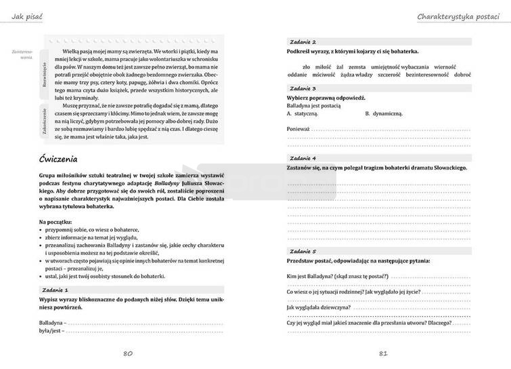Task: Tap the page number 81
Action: (x=382, y=353)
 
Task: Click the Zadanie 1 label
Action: (x=55, y=290)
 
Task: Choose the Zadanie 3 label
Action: (x=303, y=88)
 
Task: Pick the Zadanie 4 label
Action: (x=303, y=158)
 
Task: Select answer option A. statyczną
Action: (x=304, y=114)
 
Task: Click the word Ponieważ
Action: (x=298, y=128)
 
